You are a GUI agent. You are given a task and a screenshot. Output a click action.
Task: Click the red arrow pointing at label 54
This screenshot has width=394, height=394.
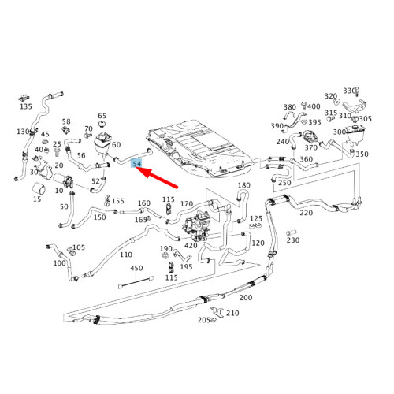(x=162, y=177)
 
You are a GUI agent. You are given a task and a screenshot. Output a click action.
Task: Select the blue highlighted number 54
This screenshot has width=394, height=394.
(x=137, y=163)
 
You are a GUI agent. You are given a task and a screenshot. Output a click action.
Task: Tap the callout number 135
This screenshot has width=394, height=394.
(x=26, y=106)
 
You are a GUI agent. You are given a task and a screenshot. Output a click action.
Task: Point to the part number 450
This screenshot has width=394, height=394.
(x=136, y=268)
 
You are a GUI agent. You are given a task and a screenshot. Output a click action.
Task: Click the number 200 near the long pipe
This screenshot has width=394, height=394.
(x=246, y=298)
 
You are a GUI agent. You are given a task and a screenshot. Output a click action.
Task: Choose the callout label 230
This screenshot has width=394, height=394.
(x=293, y=240)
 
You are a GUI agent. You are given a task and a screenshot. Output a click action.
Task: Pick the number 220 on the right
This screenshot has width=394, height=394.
(x=306, y=212)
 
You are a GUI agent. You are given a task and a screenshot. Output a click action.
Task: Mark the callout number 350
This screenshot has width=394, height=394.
(x=362, y=154)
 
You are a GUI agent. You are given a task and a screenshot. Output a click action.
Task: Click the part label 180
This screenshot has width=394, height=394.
(x=243, y=185)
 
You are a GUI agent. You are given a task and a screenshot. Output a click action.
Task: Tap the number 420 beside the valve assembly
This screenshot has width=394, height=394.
(x=191, y=246)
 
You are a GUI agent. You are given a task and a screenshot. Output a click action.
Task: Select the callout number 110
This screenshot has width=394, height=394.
(x=125, y=255)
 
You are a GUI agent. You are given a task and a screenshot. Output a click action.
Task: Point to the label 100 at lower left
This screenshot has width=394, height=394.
(x=60, y=263)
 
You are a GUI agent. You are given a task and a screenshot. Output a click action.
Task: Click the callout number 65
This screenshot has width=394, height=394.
(x=102, y=116)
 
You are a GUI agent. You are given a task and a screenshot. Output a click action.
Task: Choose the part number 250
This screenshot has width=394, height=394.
(x=284, y=183)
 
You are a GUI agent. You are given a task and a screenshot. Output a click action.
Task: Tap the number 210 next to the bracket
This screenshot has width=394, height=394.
(x=232, y=313)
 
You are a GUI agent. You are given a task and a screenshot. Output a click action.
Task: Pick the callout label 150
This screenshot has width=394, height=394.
(x=99, y=217)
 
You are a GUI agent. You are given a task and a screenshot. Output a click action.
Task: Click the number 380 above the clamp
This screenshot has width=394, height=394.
(x=290, y=107)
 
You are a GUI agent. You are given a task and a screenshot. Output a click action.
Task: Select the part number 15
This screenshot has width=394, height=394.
(x=37, y=199)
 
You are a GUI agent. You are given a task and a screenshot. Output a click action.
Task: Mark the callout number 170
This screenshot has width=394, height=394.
(x=187, y=204)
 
